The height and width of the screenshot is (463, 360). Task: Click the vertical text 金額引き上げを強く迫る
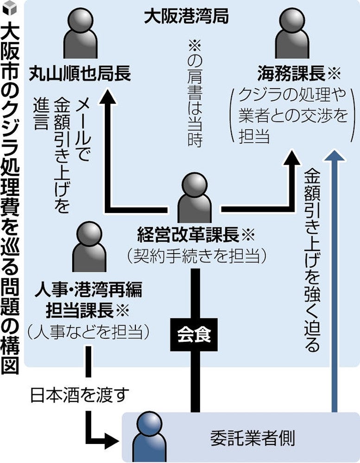(x=311, y=259)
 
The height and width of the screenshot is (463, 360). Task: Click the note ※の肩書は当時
(x=194, y=93)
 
